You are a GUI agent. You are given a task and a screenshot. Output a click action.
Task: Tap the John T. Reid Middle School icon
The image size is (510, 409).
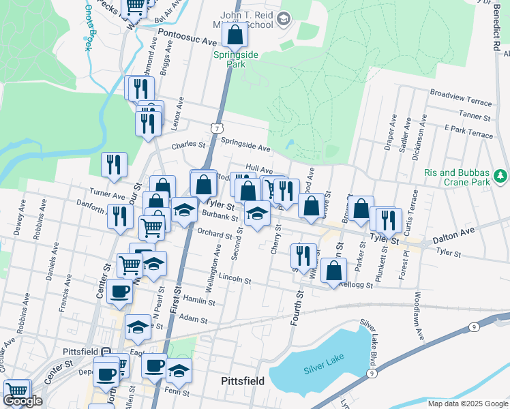coord(284,19)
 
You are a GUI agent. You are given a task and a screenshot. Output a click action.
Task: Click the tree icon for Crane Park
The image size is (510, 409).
coord(501,177)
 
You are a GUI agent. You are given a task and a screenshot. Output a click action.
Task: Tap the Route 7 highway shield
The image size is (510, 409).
coord(217,128)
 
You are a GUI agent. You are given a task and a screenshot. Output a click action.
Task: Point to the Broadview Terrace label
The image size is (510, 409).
coord(460,97)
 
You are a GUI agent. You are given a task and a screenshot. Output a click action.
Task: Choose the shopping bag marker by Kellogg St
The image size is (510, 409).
coord(333,272)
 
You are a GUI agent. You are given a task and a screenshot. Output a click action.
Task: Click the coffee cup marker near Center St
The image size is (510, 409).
coord(119,291)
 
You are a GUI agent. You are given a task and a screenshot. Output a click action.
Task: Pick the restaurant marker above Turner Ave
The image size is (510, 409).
coord(115,164)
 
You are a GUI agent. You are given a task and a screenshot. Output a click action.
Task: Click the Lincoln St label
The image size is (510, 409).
coord(235,279)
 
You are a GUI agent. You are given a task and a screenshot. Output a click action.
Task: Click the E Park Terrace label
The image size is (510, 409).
coord(468,132)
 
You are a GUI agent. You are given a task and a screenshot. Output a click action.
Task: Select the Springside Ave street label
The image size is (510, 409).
coord(245,144)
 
